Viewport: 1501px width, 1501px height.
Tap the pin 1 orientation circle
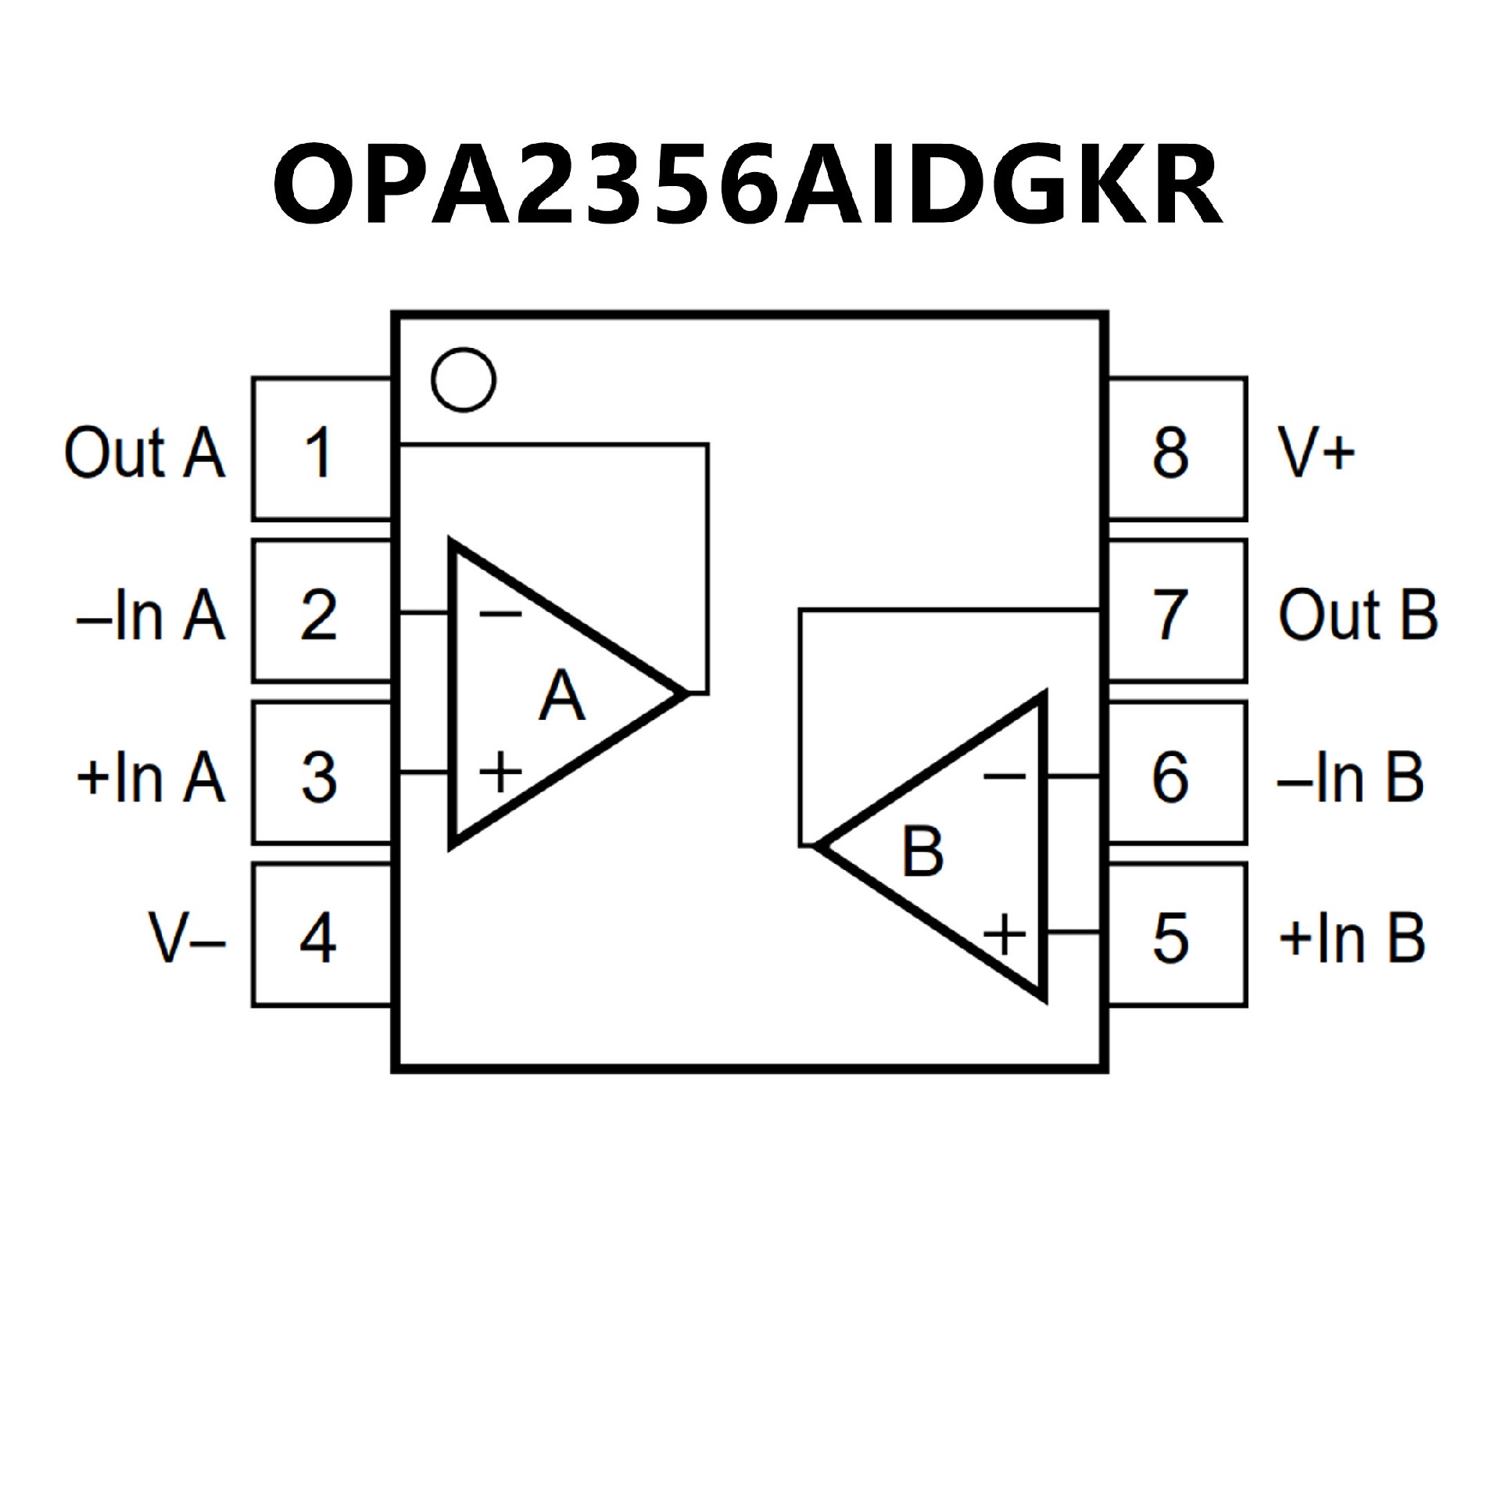[464, 380]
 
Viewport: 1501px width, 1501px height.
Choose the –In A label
[152, 615]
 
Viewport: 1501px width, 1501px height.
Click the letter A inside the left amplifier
[561, 696]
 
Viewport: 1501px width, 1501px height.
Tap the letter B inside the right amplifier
[922, 851]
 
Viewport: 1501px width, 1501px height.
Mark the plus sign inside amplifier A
[500, 772]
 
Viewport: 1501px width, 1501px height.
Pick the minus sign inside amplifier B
[1005, 776]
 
